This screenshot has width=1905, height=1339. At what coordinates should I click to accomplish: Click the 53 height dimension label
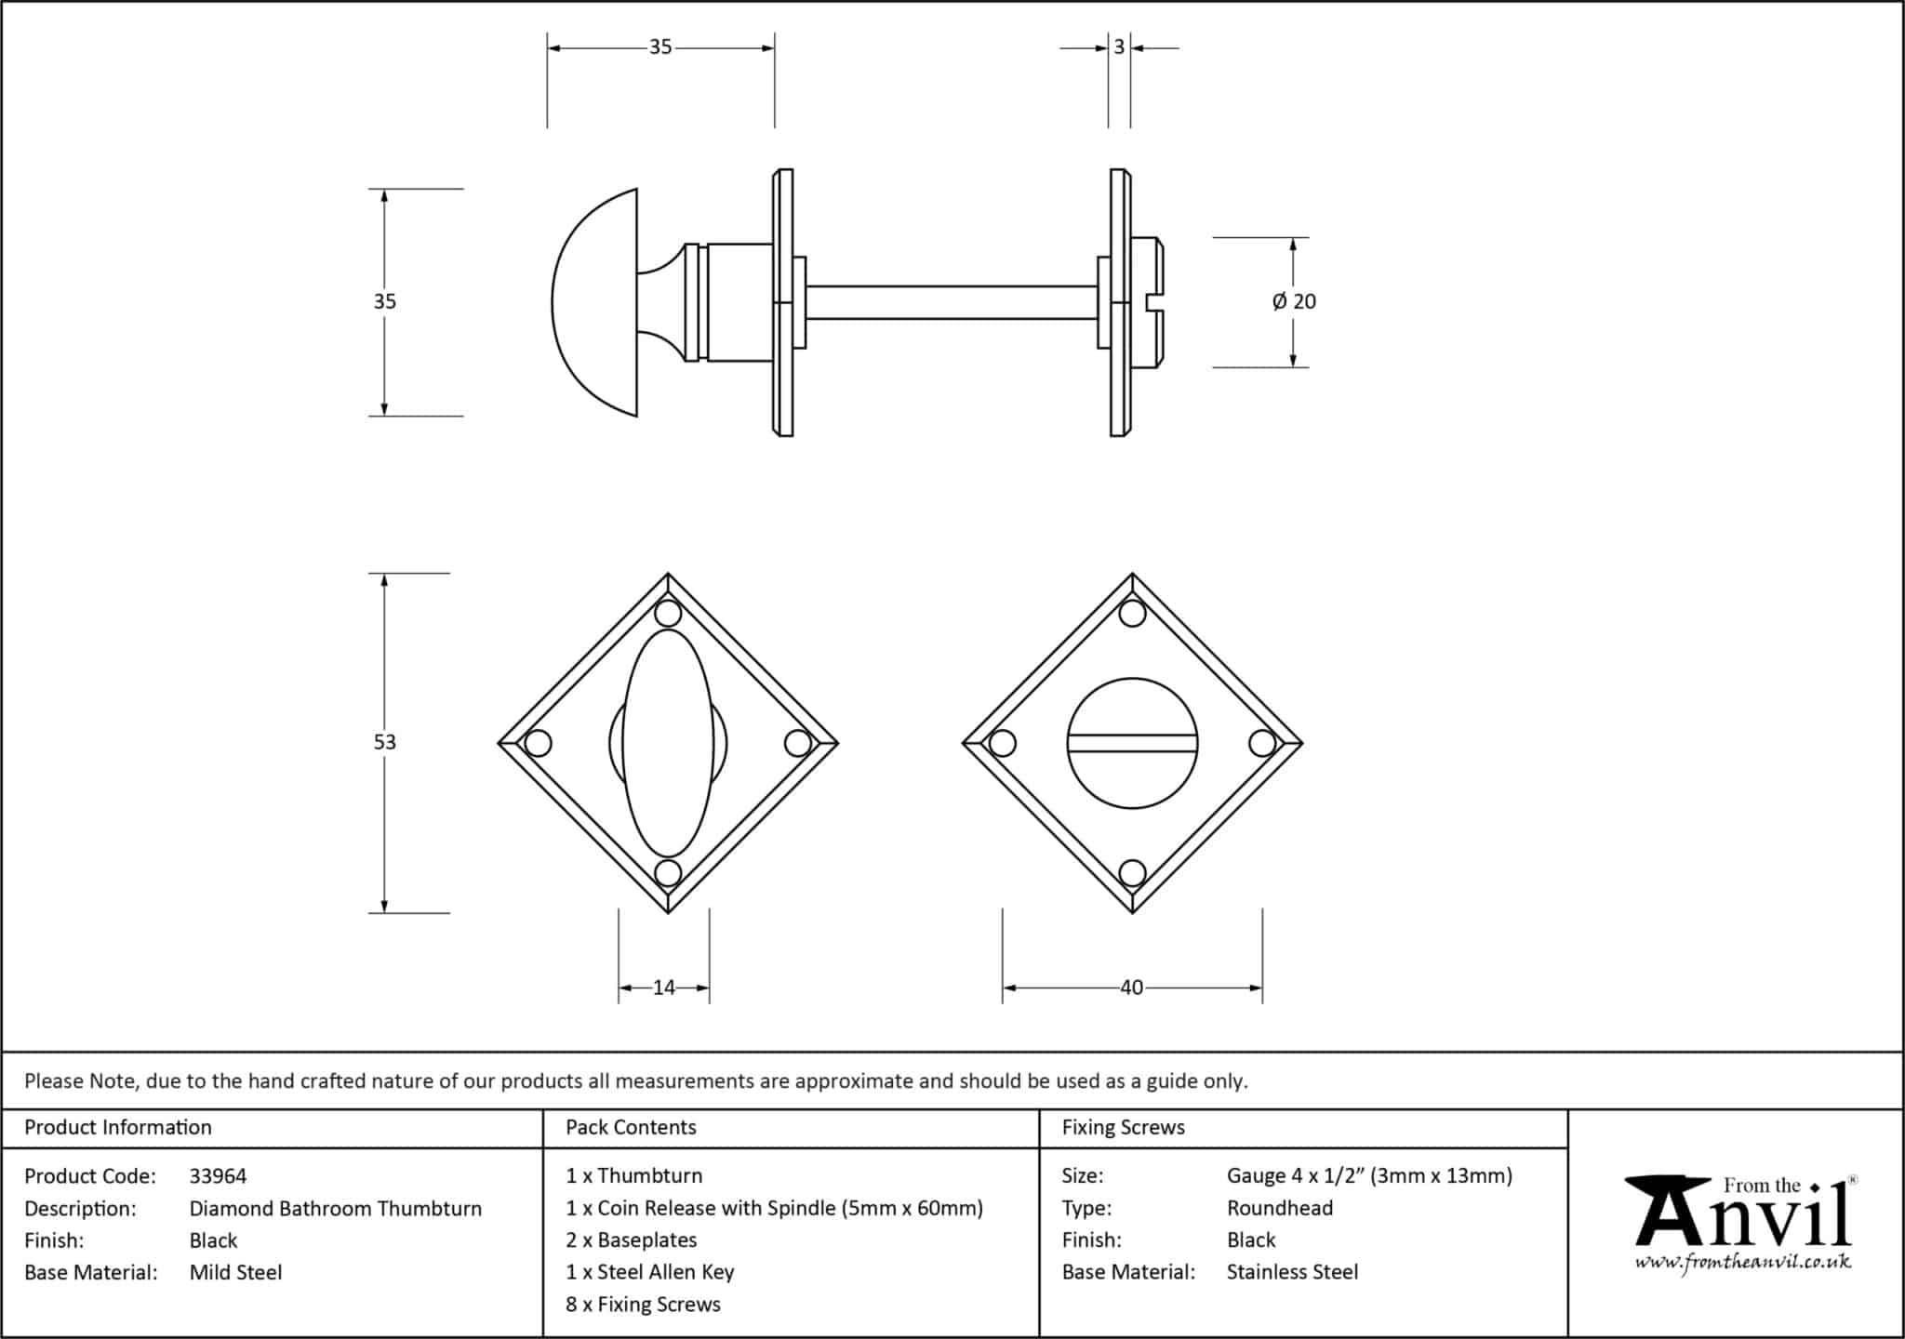(384, 742)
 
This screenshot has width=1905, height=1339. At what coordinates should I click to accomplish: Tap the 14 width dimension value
(663, 988)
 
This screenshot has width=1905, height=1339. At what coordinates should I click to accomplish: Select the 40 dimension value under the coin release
(1131, 988)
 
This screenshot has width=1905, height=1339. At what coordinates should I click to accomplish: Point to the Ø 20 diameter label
(1294, 301)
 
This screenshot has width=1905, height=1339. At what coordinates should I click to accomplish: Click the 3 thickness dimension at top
(1119, 46)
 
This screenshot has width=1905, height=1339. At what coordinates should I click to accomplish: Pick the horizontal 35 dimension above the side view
(660, 46)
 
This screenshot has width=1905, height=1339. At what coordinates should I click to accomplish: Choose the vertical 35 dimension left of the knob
(384, 301)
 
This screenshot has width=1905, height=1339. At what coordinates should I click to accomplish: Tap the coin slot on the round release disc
(1132, 742)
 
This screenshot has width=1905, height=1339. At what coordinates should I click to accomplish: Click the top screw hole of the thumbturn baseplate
(668, 614)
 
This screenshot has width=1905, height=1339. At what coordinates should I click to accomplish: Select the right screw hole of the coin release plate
(1262, 743)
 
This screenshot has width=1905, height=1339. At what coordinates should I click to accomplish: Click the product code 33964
(218, 1176)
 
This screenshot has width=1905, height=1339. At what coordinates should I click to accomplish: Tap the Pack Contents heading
(631, 1127)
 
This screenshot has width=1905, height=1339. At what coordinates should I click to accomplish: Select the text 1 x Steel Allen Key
(649, 1272)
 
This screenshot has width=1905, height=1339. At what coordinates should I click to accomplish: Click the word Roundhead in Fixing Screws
(1279, 1208)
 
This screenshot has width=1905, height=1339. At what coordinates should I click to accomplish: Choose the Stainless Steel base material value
(1292, 1272)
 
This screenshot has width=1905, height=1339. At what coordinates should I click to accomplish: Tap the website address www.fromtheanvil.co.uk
(1743, 1263)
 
